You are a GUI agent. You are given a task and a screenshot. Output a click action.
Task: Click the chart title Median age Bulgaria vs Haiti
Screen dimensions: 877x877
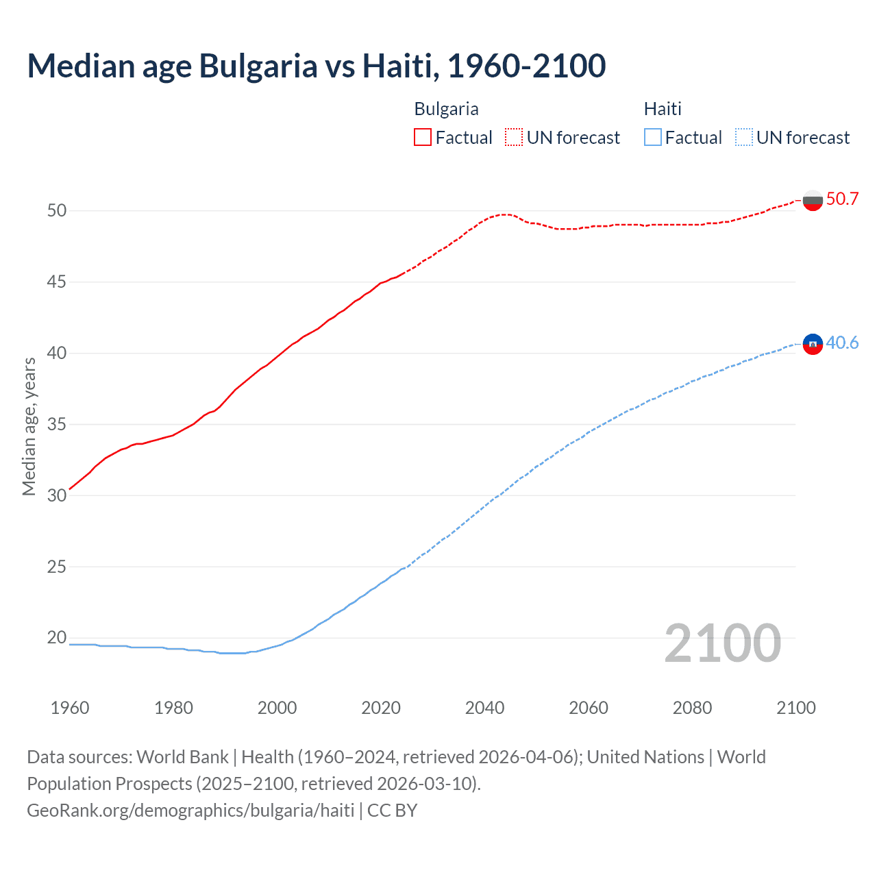pos(316,66)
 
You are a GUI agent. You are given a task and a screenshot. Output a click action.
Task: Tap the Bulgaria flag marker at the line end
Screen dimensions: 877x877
pos(813,200)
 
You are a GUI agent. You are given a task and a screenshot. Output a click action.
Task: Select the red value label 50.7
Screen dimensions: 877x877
pos(842,199)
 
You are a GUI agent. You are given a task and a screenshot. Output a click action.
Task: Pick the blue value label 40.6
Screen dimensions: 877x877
pos(842,343)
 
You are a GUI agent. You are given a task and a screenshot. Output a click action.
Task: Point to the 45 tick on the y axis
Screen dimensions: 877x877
pos(57,282)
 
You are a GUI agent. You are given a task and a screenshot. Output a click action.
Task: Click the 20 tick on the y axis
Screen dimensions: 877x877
pos(57,638)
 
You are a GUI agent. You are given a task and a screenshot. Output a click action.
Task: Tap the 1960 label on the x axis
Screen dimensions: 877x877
pos(70,708)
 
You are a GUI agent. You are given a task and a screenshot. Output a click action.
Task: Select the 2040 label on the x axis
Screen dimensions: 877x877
pos(484,708)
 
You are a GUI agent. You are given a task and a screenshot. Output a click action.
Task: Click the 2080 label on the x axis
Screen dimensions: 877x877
pos(692,708)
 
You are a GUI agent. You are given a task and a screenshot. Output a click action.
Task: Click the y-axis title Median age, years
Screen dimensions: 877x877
pos(29,426)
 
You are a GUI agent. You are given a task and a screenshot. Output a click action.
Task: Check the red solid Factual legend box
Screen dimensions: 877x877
pos(423,137)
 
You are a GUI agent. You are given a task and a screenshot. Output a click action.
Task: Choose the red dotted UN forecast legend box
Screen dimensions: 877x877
pos(514,137)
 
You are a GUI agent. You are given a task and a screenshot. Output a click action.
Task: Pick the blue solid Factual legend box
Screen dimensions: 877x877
pos(653,137)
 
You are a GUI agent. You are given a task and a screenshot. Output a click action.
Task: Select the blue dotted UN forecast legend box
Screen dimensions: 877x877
pos(743,137)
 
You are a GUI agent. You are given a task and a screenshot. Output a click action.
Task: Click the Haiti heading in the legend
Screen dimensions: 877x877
pos(663,109)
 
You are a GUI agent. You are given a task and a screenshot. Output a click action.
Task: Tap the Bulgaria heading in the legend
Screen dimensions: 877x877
pos(446,109)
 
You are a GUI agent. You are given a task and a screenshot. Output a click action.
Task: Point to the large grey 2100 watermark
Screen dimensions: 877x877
pos(722,643)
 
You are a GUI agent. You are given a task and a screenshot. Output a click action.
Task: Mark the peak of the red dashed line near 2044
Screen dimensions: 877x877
pos(505,214)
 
